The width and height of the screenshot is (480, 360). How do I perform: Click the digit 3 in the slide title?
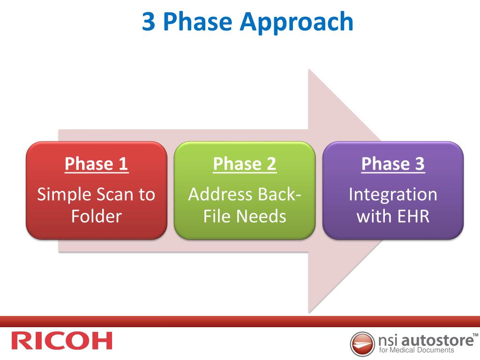[149, 22]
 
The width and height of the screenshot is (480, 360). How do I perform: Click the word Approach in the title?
[296, 22]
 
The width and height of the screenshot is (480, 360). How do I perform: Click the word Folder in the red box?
[97, 216]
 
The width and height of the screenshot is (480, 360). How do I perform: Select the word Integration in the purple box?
[393, 195]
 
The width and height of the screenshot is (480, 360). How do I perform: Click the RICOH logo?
[62, 340]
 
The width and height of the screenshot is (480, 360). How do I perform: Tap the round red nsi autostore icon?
[362, 344]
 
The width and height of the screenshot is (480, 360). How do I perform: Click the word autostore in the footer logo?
[437, 340]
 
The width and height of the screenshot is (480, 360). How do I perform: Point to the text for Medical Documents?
[416, 350]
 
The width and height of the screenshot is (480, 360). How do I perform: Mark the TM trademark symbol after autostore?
[475, 335]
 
